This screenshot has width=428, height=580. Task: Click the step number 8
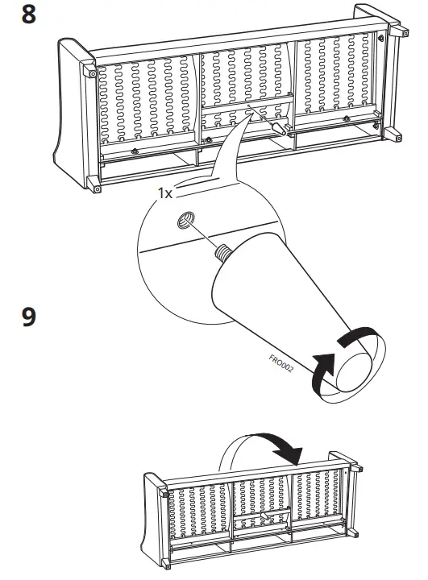(29, 15)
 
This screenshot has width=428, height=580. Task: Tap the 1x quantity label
(165, 194)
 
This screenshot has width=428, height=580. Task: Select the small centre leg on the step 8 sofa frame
(280, 127)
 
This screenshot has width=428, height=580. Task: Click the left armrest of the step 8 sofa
(73, 113)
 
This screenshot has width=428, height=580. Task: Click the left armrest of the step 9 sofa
(154, 516)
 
